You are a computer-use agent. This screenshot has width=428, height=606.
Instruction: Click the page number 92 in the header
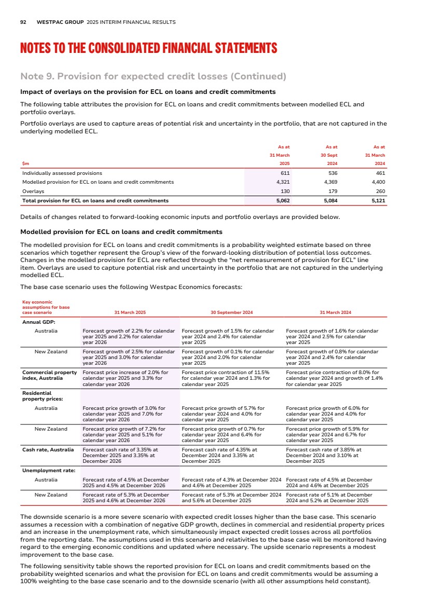click(x=23, y=22)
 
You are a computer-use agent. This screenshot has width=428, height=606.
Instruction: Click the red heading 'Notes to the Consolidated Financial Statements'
click(x=148, y=49)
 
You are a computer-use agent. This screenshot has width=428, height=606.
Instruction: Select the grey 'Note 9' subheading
click(x=153, y=77)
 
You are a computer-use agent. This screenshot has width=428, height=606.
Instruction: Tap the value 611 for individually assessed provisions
click(x=285, y=173)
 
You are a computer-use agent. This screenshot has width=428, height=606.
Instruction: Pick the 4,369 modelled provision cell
click(x=330, y=182)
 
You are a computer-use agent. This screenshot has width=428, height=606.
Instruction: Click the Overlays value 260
click(x=379, y=191)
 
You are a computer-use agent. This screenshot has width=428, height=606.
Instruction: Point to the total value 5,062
click(x=282, y=200)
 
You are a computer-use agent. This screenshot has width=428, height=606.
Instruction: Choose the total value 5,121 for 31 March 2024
click(x=378, y=200)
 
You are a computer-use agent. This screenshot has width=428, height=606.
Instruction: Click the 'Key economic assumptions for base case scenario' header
click(x=46, y=308)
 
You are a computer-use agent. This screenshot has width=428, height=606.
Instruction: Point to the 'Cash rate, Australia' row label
click(x=48, y=450)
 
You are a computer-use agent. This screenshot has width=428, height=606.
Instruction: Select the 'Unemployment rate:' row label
click(x=49, y=471)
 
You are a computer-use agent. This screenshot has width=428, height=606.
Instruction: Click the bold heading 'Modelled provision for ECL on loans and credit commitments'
click(x=121, y=232)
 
